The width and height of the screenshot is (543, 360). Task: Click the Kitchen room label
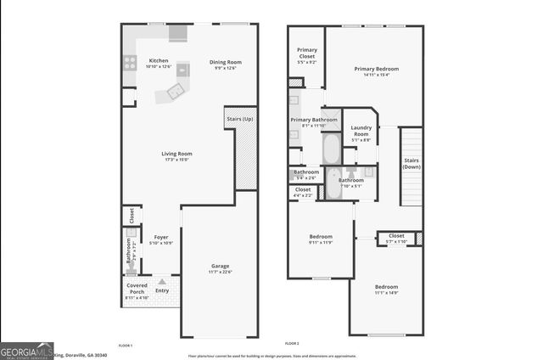click(159, 61)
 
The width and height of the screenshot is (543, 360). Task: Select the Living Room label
click(176, 154)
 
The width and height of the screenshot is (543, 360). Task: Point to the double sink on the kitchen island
click(176, 90)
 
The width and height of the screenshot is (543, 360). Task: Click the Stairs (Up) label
click(240, 119)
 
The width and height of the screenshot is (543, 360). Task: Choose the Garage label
click(220, 267)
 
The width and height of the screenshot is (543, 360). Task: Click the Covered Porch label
click(137, 289)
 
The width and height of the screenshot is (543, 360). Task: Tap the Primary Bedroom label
click(376, 69)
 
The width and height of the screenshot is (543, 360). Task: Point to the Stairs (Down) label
click(411, 163)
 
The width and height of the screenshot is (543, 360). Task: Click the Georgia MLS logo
click(27, 351)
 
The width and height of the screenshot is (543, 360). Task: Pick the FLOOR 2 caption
click(293, 342)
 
